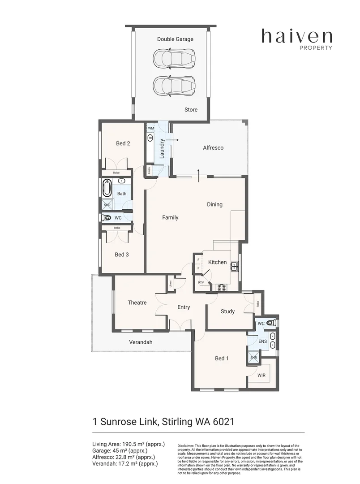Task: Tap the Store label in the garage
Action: (x=191, y=110)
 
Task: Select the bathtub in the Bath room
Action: (x=107, y=189)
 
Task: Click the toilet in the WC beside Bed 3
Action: (x=106, y=218)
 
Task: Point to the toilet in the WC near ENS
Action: (x=270, y=323)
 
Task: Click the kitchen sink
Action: (x=234, y=268)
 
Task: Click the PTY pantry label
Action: (x=201, y=283)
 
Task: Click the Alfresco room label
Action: (x=213, y=147)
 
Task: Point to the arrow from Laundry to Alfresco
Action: (x=175, y=140)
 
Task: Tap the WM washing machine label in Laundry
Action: (x=151, y=128)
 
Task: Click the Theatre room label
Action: (x=137, y=302)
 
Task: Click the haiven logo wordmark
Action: (x=297, y=36)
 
